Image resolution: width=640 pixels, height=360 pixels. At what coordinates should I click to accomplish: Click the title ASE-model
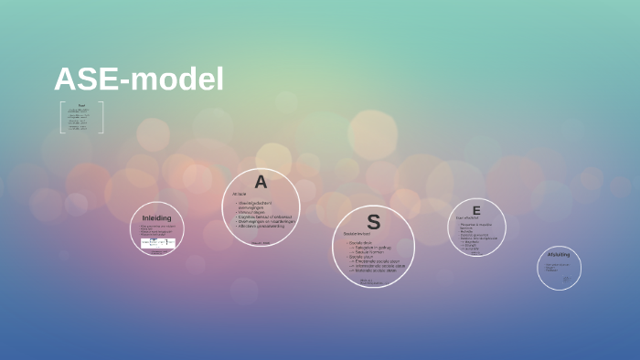(139, 79)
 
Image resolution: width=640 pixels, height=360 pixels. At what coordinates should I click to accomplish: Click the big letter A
(261, 182)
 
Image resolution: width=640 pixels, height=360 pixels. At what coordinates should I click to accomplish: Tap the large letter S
(373, 222)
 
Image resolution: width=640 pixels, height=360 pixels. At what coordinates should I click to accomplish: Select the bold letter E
(476, 210)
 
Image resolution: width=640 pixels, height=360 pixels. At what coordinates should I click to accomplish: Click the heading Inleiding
(156, 218)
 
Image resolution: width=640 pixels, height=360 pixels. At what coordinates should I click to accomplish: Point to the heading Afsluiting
(559, 254)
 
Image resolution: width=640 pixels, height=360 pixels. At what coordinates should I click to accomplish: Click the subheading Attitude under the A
(240, 194)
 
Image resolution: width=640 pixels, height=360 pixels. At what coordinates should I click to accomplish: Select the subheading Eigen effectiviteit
(467, 217)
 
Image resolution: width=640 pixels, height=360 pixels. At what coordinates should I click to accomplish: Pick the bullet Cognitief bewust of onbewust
(265, 217)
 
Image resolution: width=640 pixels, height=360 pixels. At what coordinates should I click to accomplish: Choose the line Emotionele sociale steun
(378, 261)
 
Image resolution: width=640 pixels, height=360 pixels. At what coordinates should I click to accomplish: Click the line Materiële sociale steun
(377, 270)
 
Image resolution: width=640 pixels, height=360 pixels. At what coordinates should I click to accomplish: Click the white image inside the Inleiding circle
(157, 243)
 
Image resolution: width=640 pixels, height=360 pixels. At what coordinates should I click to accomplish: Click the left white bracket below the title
(62, 118)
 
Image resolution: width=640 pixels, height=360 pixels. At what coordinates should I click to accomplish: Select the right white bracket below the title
(101, 118)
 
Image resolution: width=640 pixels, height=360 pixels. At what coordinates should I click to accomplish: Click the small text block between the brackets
(81, 117)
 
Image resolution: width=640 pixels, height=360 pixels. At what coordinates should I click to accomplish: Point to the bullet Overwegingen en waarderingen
(266, 221)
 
